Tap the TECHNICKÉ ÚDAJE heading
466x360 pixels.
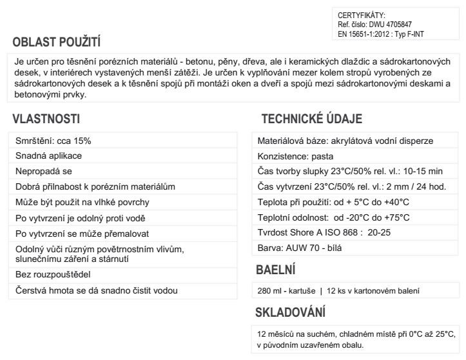coord(312,119)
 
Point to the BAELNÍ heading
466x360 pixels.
coord(277,269)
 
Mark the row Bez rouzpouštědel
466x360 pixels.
coord(50,275)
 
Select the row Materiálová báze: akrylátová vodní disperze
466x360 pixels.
coord(345,141)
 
